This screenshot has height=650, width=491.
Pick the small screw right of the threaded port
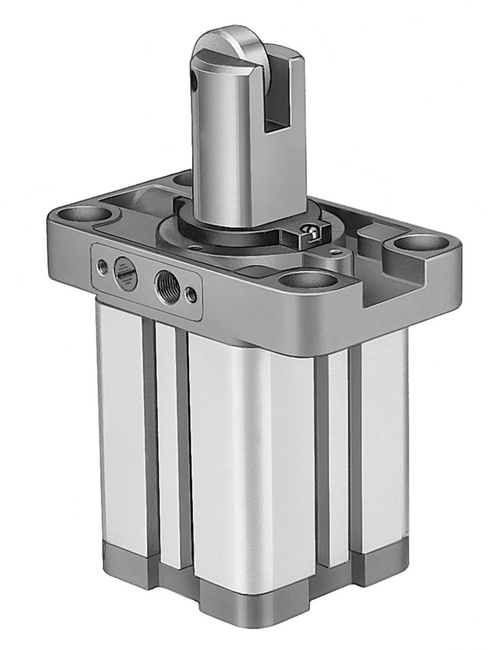(191, 294)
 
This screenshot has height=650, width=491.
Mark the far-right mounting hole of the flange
(418, 244)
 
